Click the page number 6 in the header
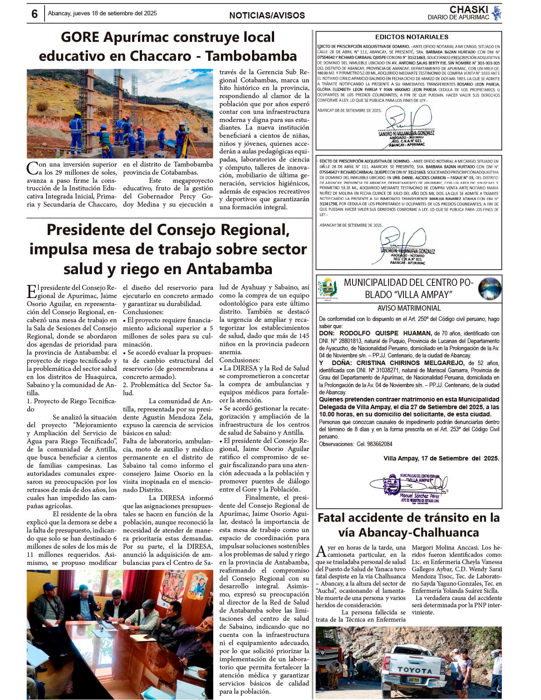pyautogui.click(x=35, y=14)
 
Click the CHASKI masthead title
pyautogui.click(x=468, y=9)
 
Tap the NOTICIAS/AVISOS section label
pyautogui.click(x=267, y=15)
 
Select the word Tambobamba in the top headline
pyautogui.click(x=251, y=56)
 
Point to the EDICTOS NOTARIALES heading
pyautogui.click(x=412, y=37)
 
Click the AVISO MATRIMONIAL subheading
pyautogui.click(x=409, y=308)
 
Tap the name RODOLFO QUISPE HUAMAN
pyautogui.click(x=385, y=334)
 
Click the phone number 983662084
pyautogui.click(x=374, y=444)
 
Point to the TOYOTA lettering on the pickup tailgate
pyautogui.click(x=414, y=670)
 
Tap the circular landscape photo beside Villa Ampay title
pyautogui.click(x=490, y=289)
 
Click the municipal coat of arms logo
pyautogui.click(x=328, y=288)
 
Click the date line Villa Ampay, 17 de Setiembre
pyautogui.click(x=441, y=458)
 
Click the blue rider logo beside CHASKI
pyautogui.click(x=496, y=13)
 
